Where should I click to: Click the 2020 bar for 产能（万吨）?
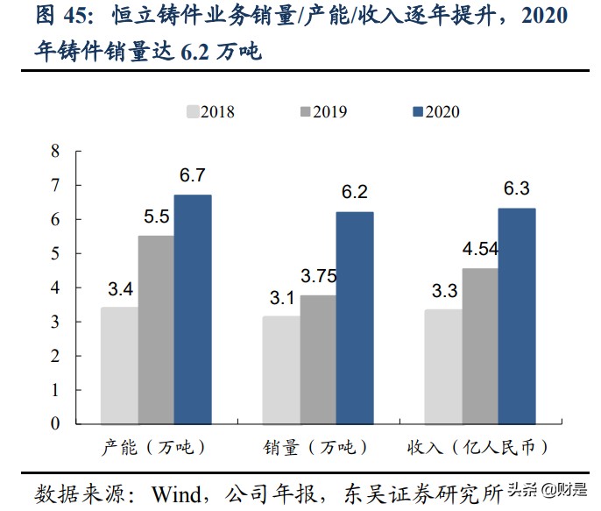tap(193, 309)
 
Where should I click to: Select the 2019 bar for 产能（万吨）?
tap(155, 330)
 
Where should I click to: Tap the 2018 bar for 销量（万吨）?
tap(281, 371)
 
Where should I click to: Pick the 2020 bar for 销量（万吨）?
tap(355, 318)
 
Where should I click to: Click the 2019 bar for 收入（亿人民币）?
tap(480, 346)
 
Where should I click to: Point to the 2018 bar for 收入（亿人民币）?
tap(443, 367)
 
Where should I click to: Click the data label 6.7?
tap(193, 176)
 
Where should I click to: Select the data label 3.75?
tap(319, 276)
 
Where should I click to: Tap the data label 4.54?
tap(480, 249)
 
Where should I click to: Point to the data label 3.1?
tap(281, 298)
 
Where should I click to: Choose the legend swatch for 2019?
tap(306, 111)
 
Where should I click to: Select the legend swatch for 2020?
tap(418, 111)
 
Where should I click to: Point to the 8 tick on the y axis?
tap(55, 151)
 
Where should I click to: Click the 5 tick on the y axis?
tap(55, 253)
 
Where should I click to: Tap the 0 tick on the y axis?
tap(55, 424)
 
